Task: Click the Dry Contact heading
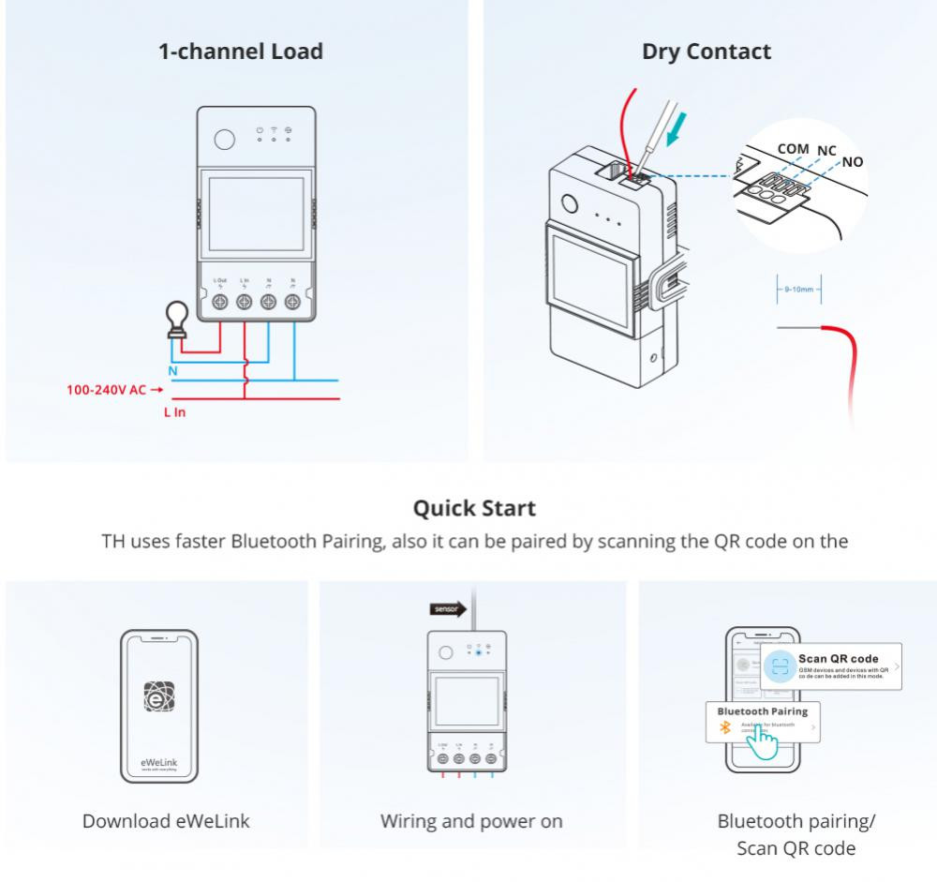(706, 52)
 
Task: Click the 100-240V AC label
(106, 390)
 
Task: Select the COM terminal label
(793, 148)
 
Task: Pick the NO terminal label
(853, 161)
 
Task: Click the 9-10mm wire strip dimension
(798, 291)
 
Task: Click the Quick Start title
(474, 508)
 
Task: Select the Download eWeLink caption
(166, 821)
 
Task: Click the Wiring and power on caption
(471, 821)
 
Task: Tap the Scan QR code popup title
(839, 658)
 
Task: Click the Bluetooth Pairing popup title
(762, 710)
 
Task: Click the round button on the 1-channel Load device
(224, 140)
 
